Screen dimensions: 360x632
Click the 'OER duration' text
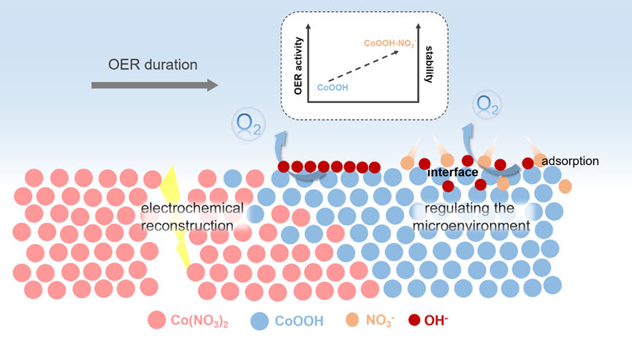click(x=153, y=65)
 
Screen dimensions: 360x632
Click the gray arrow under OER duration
click(x=154, y=85)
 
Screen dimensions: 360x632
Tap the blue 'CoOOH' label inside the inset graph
click(x=332, y=87)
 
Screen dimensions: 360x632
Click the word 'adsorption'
click(x=571, y=160)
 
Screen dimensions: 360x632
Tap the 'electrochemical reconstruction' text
click(x=191, y=217)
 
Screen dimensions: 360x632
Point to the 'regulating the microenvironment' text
click(x=471, y=217)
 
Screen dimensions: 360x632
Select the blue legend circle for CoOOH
click(x=260, y=320)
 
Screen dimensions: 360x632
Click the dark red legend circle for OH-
click(x=414, y=320)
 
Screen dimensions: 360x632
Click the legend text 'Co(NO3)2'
click(x=199, y=321)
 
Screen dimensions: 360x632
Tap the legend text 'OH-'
click(x=440, y=320)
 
